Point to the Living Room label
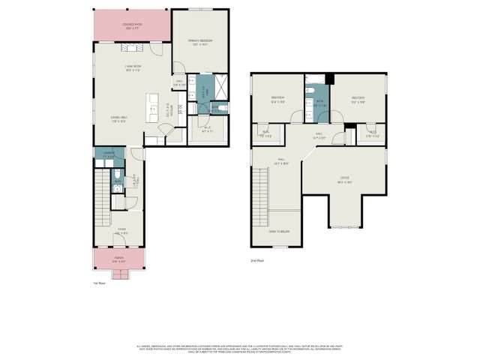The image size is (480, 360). (x=133, y=68)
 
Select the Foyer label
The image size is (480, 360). (x=120, y=231)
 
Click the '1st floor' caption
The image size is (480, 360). (x=100, y=283)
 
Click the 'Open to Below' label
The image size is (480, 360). (x=280, y=232)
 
